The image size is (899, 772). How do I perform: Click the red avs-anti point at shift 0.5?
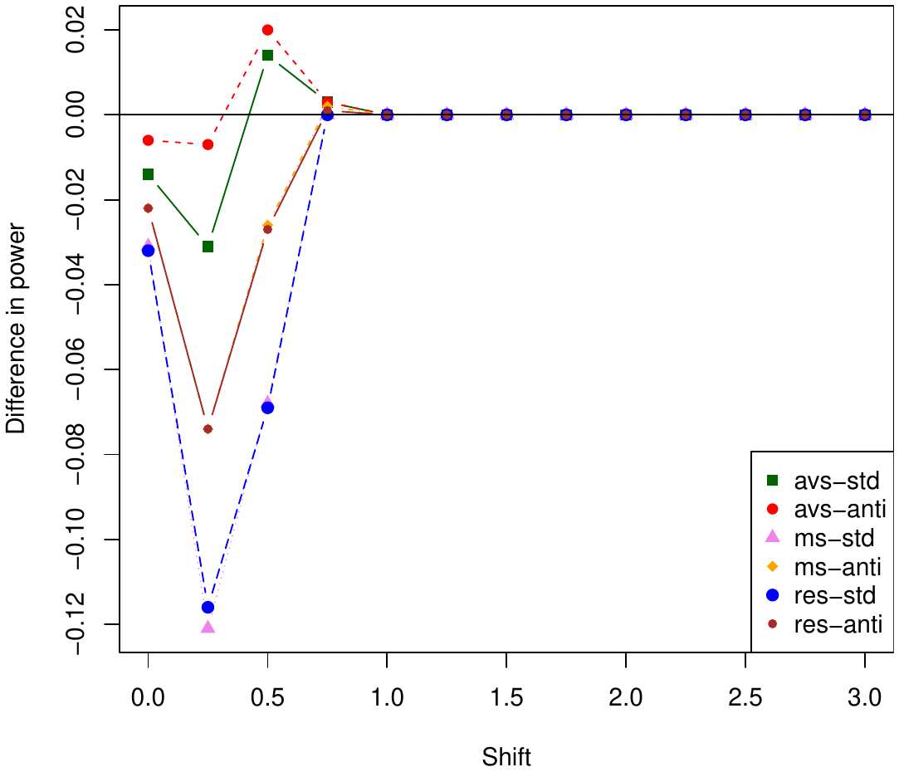[267, 30]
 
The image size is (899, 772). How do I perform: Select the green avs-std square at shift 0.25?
[208, 247]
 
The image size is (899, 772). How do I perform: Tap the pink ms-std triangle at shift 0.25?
[208, 627]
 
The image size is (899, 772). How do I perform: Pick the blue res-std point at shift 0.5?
[267, 408]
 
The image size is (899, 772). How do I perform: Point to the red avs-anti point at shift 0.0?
[148, 140]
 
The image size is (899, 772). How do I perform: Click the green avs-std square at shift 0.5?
[267, 56]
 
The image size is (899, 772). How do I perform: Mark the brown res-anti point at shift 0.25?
[208, 429]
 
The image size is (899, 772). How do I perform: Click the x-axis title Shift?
[506, 757]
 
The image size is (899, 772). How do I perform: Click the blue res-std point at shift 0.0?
[148, 251]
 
